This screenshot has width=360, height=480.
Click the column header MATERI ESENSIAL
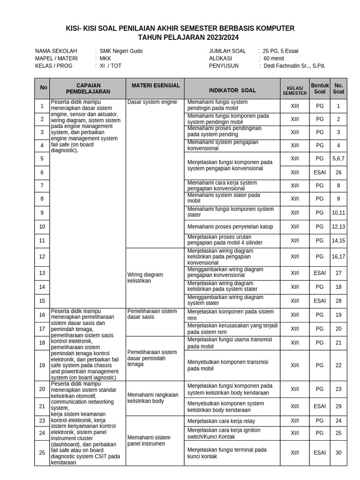(x=155, y=86)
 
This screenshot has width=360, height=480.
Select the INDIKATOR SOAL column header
(x=232, y=90)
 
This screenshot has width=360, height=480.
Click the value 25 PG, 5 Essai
(x=280, y=51)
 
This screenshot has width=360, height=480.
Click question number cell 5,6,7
(x=338, y=159)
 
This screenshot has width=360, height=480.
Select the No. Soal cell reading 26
(x=338, y=172)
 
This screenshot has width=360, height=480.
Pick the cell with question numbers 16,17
(x=338, y=256)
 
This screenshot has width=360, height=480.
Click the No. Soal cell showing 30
(x=338, y=453)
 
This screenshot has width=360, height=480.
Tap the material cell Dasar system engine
(x=152, y=102)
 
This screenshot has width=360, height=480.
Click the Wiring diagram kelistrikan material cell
(x=145, y=277)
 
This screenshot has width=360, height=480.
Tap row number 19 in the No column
(x=42, y=365)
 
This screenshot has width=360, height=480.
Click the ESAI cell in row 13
(x=320, y=273)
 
